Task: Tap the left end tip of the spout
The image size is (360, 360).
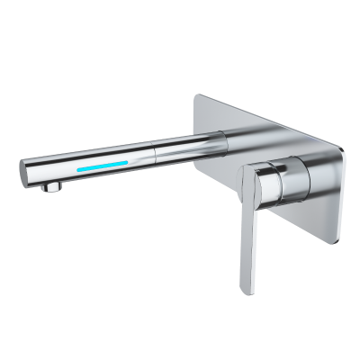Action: click(x=22, y=168)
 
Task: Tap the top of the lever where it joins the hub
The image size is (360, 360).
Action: click(x=261, y=171)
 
